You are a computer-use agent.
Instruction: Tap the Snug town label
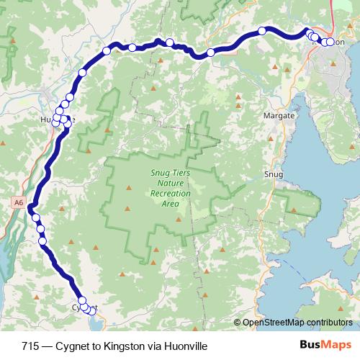(274, 174)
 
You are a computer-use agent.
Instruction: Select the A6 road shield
(18, 204)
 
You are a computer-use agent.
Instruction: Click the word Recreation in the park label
(166, 194)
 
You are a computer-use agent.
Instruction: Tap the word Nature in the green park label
(166, 184)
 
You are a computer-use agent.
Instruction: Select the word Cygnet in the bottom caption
(71, 345)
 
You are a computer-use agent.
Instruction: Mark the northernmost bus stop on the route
(264, 30)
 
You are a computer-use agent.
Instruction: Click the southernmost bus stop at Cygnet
(91, 310)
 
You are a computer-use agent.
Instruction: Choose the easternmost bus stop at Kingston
(331, 42)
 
